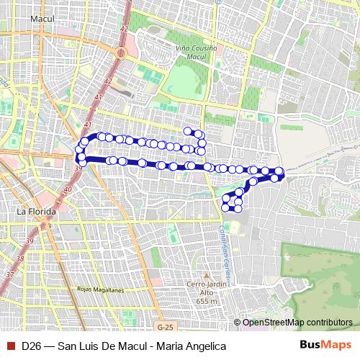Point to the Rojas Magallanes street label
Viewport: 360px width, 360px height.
click(100, 289)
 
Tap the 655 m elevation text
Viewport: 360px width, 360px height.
click(206, 301)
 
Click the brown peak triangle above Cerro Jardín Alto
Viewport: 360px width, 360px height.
click(206, 274)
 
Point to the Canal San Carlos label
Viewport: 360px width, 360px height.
click(224, 248)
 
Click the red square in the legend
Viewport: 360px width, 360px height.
click(9, 346)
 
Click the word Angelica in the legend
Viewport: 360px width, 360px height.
click(206, 346)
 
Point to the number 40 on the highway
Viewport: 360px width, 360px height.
click(68, 189)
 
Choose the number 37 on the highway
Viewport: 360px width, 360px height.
click(9, 274)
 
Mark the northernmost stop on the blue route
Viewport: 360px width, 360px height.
click(188, 131)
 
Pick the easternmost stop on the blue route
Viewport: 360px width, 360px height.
click(279, 171)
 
